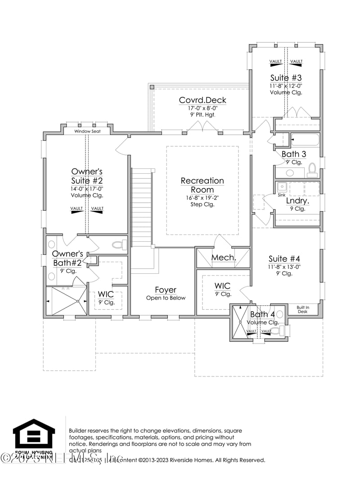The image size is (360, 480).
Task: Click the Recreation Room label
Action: tap(202, 185)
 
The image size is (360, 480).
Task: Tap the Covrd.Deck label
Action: tap(202, 100)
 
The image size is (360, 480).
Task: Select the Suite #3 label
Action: tap(286, 77)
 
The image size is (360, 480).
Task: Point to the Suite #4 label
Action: tap(284, 258)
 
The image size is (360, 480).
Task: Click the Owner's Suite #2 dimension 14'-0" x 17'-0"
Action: tap(87, 189)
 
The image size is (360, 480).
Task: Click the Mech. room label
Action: tap(224, 258)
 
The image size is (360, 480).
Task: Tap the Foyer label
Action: tap(166, 290)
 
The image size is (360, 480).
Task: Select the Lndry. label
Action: tap(297, 201)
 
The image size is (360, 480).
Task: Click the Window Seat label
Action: tap(87, 131)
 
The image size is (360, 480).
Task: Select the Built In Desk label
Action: tap(302, 309)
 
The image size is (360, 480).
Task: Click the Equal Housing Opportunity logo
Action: tap(34, 435)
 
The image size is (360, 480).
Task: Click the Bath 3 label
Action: tap(294, 154)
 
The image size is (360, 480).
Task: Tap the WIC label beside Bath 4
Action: tap(222, 286)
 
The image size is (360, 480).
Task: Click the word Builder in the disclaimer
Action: tap(78, 430)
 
